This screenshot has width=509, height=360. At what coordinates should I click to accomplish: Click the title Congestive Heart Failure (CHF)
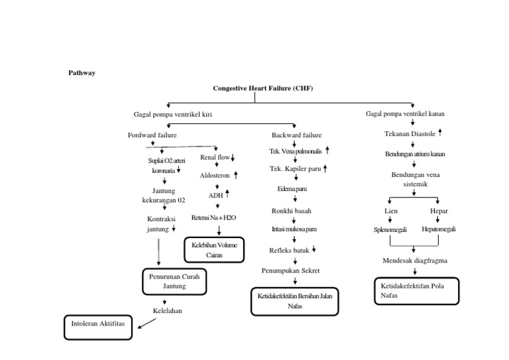(262, 88)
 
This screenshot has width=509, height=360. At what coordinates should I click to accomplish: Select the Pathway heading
(82, 72)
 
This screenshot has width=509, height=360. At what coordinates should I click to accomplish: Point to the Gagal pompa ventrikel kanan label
(406, 114)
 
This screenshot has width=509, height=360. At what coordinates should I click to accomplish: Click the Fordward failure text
(152, 135)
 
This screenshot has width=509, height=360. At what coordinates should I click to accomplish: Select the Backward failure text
(296, 135)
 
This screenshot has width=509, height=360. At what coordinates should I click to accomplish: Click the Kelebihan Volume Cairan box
(214, 249)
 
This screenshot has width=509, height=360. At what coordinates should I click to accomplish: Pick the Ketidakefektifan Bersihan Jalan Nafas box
(294, 301)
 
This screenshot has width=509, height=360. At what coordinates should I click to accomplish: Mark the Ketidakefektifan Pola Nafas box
(415, 290)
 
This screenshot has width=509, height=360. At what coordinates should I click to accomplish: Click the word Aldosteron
(214, 176)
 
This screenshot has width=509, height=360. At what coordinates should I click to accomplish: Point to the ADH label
(215, 196)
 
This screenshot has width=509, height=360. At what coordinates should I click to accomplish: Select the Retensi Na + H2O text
(213, 217)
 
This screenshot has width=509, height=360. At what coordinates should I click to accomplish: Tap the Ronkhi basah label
(291, 211)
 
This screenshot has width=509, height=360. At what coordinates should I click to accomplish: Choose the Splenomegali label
(390, 229)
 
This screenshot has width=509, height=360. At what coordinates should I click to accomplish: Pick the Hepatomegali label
(439, 229)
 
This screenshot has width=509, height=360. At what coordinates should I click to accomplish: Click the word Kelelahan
(167, 310)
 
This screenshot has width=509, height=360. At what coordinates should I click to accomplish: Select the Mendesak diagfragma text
(415, 261)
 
